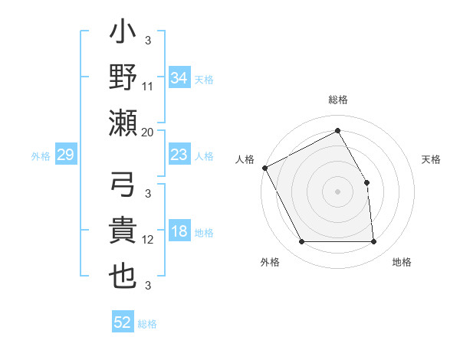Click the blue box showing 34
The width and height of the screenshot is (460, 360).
click(x=179, y=77)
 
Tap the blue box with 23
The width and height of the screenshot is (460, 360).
click(x=179, y=155)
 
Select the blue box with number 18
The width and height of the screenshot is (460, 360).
click(x=179, y=232)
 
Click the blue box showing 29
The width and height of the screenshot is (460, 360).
click(x=65, y=155)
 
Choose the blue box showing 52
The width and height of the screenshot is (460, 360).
click(x=123, y=322)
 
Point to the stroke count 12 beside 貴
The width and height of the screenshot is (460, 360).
click(x=148, y=240)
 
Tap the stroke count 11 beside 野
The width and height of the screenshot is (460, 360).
click(x=148, y=86)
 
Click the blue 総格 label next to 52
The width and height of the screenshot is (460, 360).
click(x=147, y=324)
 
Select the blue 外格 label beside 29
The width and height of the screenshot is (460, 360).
click(x=41, y=156)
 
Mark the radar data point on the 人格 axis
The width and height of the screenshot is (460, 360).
click(x=264, y=167)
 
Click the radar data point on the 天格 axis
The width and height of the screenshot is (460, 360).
click(x=366, y=182)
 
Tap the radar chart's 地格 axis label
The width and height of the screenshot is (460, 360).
click(x=402, y=262)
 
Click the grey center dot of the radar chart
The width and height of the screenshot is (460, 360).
click(x=337, y=191)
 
